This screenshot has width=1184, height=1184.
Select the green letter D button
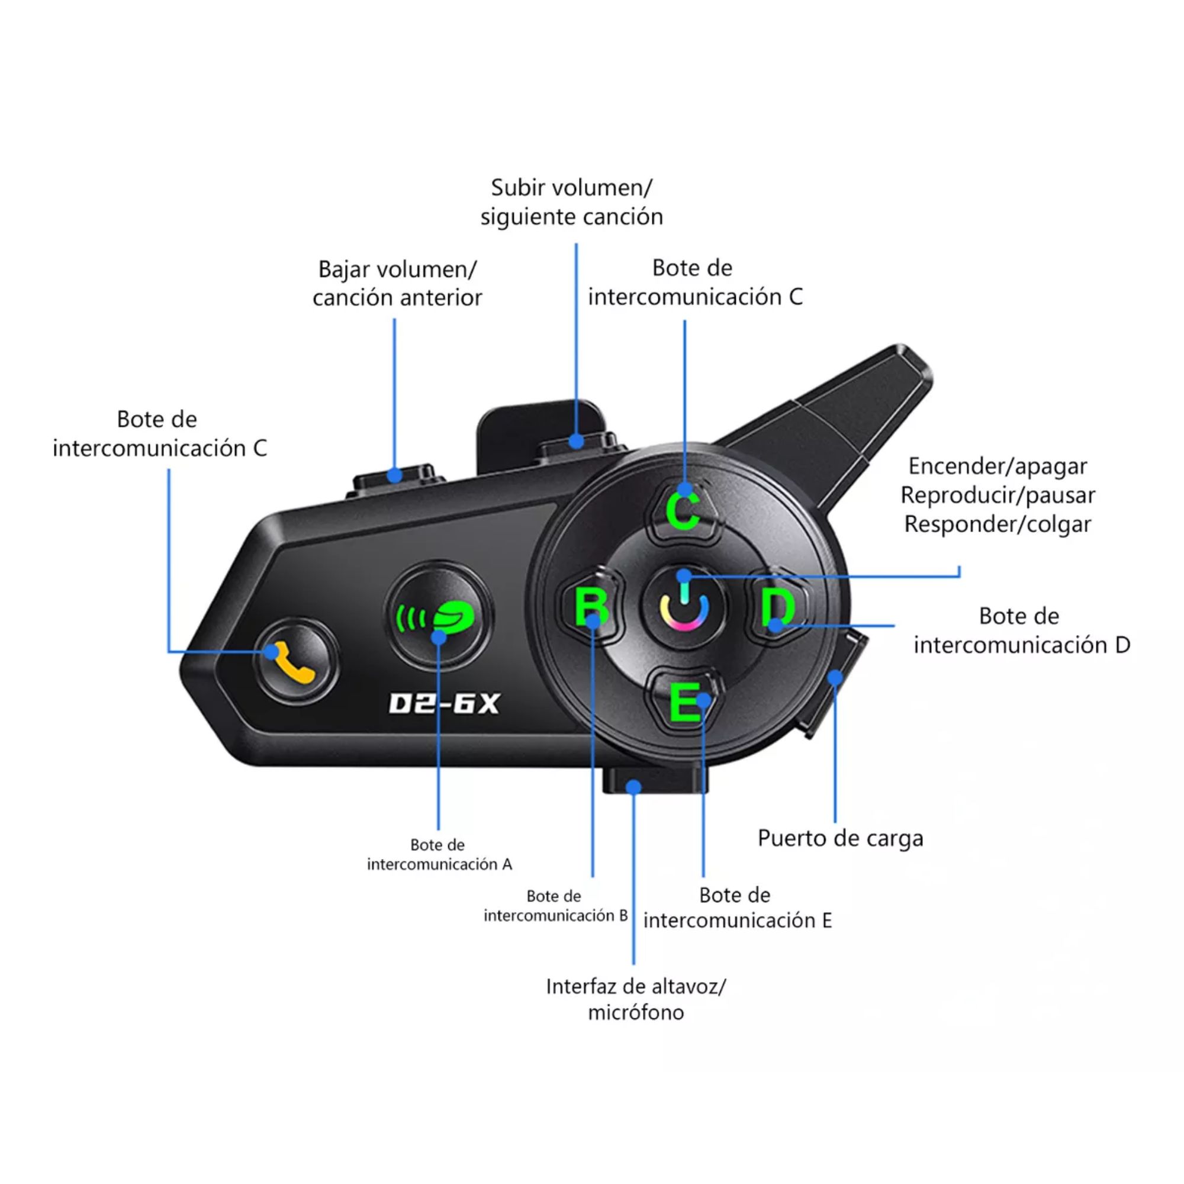click(x=778, y=607)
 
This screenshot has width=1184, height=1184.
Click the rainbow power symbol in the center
click(x=684, y=607)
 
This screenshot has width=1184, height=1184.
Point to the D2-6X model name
click(x=445, y=703)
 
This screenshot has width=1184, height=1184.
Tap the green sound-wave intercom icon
click(x=436, y=617)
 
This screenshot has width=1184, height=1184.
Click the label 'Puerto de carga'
click(x=840, y=838)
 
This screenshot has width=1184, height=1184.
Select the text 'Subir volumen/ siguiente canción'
click(x=572, y=202)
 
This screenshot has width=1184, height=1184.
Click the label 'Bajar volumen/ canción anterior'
click(x=397, y=283)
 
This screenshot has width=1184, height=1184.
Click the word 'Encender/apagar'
click(x=998, y=466)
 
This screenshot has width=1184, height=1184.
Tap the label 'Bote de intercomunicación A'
click(x=439, y=854)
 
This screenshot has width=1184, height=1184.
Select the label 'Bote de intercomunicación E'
click(x=738, y=908)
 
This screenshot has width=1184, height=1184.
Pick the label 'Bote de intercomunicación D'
click(x=1022, y=630)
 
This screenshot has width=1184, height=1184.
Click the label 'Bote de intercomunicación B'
click(x=555, y=906)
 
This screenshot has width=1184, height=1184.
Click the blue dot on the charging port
click(x=835, y=677)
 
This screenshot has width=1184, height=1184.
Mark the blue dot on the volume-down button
click(x=395, y=474)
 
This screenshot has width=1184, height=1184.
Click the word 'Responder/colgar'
click(x=998, y=525)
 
